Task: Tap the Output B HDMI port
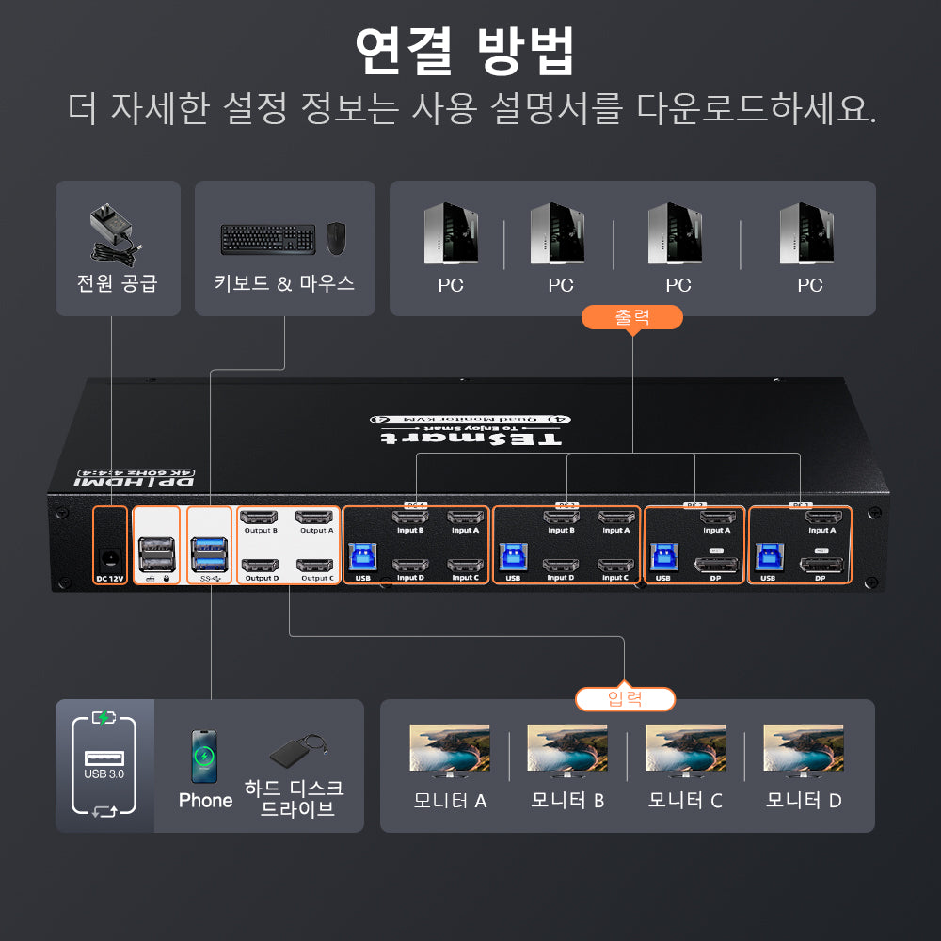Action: pos(260,518)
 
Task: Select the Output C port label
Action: pos(317,578)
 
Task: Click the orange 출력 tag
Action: pos(631,317)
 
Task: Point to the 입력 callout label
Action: pos(625,699)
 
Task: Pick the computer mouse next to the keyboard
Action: pos(336,238)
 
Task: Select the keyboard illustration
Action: pos(267,239)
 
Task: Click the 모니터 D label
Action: pos(804,801)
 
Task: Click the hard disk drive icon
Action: pos(298,753)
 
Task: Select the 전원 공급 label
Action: pos(117,283)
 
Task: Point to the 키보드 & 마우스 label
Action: pos(284,283)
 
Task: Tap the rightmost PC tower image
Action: pos(807,234)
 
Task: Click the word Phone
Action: pos(205,801)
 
